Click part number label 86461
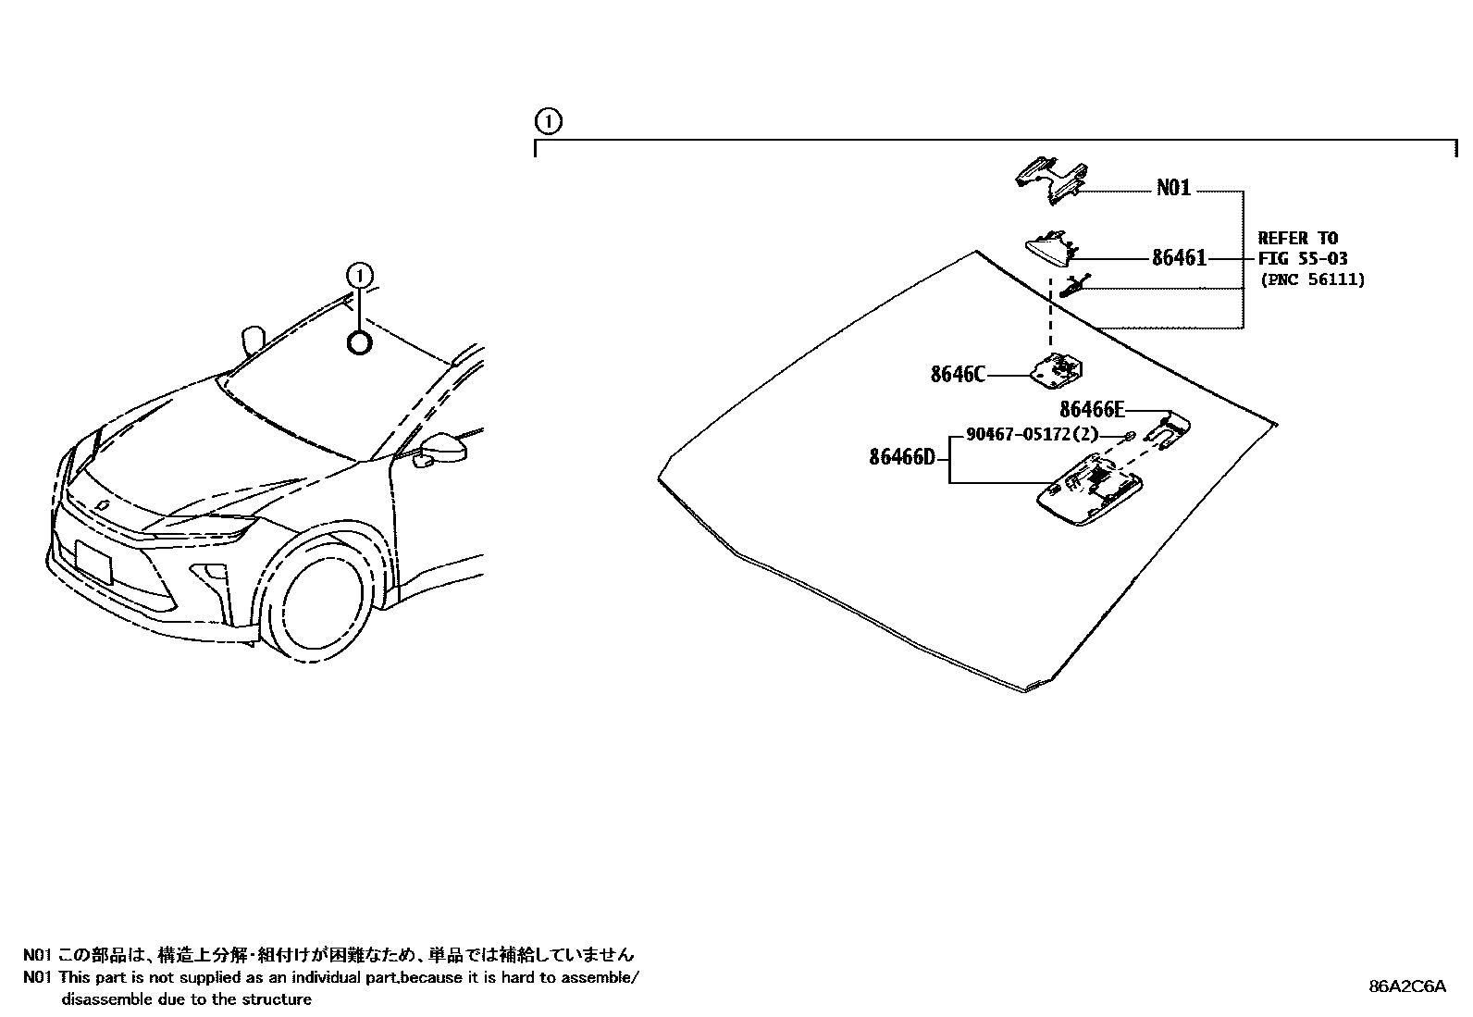click(1179, 258)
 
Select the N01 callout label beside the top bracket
click(1173, 188)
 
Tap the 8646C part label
click(958, 375)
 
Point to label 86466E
click(1092, 409)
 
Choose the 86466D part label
click(902, 456)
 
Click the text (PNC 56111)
click(1311, 279)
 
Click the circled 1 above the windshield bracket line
click(548, 121)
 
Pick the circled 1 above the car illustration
click(359, 275)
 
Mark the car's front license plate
click(93, 563)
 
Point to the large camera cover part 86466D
click(1090, 491)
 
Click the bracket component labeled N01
click(1050, 179)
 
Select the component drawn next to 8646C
click(1058, 371)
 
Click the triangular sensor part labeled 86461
click(1050, 248)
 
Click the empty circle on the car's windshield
click(359, 343)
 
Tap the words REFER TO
click(1297, 238)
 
